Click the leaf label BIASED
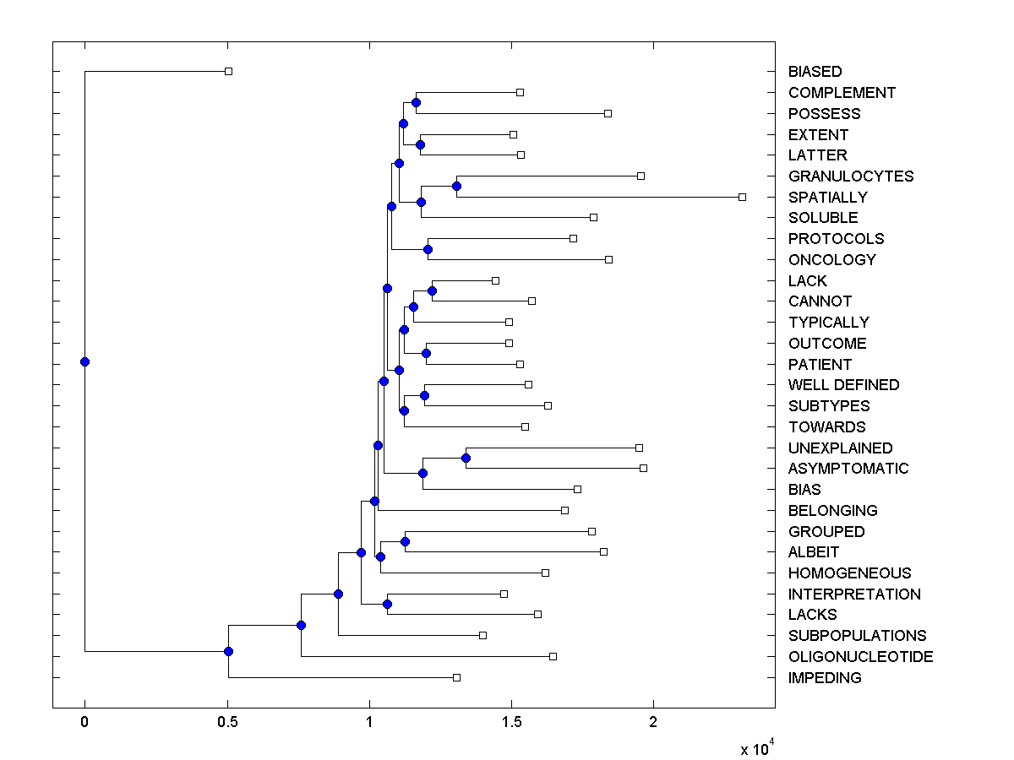click(x=815, y=72)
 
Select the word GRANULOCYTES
click(x=851, y=176)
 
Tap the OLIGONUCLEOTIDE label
click(x=860, y=657)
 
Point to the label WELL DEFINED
click(x=843, y=385)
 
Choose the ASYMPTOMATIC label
click(x=848, y=469)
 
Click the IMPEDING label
click(x=825, y=678)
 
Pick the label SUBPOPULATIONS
click(x=857, y=636)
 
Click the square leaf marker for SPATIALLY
click(x=742, y=197)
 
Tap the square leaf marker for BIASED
click(x=228, y=71)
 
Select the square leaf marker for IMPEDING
click(x=456, y=677)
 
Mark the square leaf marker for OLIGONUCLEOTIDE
click(x=553, y=656)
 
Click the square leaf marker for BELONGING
click(x=564, y=510)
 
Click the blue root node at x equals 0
click(x=84, y=361)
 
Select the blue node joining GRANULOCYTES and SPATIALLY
click(x=456, y=186)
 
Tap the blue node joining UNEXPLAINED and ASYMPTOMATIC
click(x=466, y=458)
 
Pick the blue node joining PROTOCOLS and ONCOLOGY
click(x=428, y=249)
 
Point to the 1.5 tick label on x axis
click(x=510, y=723)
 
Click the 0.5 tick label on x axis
click(x=226, y=723)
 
